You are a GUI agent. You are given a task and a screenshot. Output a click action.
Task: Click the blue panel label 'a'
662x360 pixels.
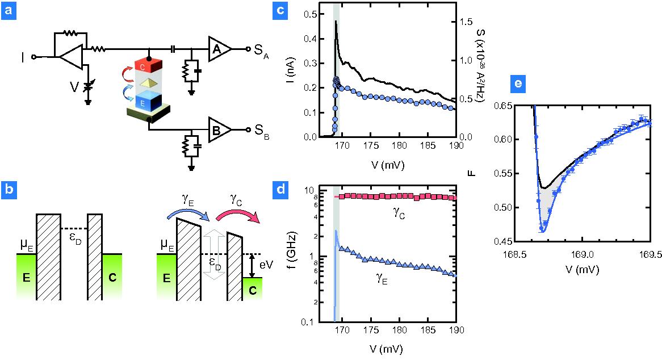coord(9,10)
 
